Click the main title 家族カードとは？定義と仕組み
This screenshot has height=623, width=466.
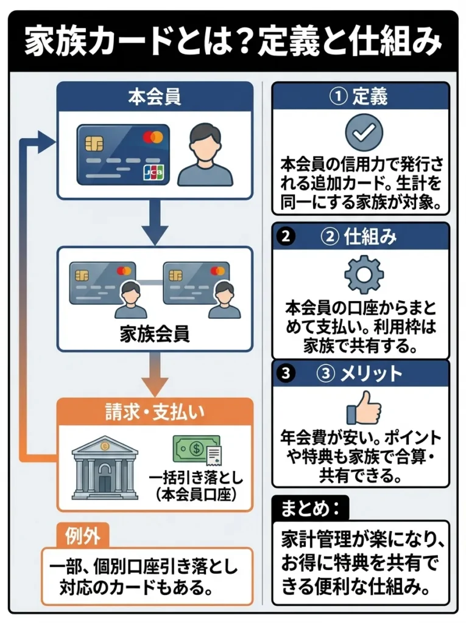(233, 41)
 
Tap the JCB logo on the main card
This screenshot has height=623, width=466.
(154, 173)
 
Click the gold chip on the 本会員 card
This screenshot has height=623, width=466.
(94, 144)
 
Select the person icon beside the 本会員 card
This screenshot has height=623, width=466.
(205, 155)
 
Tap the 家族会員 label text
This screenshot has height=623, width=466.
(154, 333)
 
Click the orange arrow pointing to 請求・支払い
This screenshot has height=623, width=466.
(154, 375)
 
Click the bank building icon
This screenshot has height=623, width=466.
(104, 467)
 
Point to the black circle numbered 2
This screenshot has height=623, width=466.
(285, 237)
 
